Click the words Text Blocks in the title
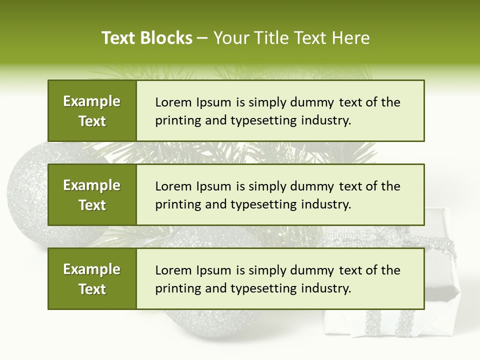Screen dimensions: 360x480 147,38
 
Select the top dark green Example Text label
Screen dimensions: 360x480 92,111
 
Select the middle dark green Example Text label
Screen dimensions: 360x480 92,195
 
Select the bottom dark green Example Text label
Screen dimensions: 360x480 92,279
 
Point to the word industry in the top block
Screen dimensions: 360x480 325,120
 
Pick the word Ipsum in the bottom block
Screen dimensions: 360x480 213,270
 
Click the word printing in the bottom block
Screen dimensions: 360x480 173,288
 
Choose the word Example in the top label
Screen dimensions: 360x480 92,101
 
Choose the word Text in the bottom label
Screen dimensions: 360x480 92,289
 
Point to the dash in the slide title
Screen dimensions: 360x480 202,38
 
